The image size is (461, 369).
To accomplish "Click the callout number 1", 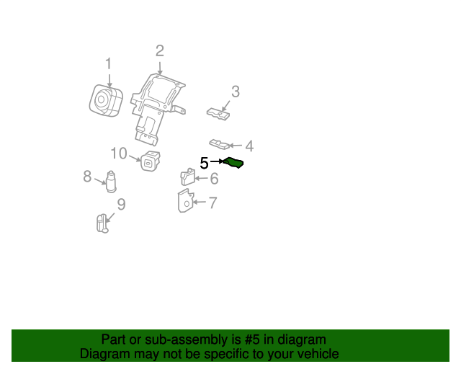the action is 109,64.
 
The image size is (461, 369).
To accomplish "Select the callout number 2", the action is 160,51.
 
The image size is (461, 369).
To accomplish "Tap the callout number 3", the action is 236,92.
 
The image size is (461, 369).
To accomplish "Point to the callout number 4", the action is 249,146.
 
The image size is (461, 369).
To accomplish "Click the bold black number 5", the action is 204,163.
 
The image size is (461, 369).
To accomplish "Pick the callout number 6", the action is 215,179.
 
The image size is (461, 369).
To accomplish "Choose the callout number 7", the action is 213,203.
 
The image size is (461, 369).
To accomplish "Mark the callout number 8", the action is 87,177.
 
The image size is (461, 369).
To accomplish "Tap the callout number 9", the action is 122,204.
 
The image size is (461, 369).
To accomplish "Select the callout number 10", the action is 119,154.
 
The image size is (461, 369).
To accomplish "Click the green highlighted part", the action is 233,163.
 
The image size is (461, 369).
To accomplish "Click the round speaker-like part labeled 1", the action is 106,100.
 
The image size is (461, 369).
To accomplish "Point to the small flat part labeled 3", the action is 218,114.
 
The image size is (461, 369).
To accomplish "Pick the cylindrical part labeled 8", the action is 111,182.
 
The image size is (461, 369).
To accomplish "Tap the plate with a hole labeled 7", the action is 186,200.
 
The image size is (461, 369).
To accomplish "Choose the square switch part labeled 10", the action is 151,161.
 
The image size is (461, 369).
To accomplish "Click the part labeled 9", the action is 102,223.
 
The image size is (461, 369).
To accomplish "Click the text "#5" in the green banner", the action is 252,339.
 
